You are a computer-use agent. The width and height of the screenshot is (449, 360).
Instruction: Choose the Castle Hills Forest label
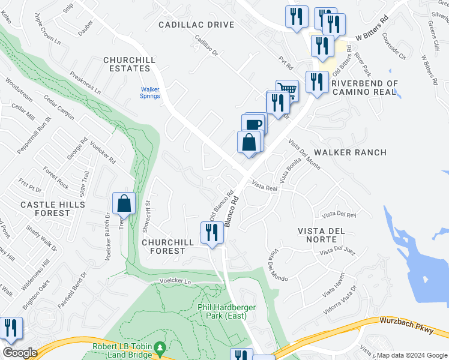pyautogui.click(x=53, y=209)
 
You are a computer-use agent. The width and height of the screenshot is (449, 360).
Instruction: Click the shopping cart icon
pyautogui.click(x=288, y=91)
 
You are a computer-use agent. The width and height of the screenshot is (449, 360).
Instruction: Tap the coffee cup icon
pyautogui.click(x=254, y=124)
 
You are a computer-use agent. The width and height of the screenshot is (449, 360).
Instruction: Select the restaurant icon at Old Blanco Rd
pyautogui.click(x=211, y=232)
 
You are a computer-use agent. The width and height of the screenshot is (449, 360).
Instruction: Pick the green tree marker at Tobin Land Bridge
pyautogui.click(x=160, y=348)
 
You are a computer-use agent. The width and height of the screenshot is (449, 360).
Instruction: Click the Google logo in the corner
pyautogui.click(x=20, y=353)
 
